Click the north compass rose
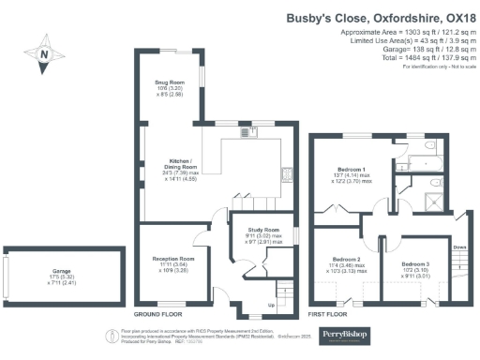[44, 55]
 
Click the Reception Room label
[173, 263]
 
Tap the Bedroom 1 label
[348, 172]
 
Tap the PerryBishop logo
[348, 334]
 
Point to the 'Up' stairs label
[272, 306]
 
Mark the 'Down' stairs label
[458, 247]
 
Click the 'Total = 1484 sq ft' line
[410, 58]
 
